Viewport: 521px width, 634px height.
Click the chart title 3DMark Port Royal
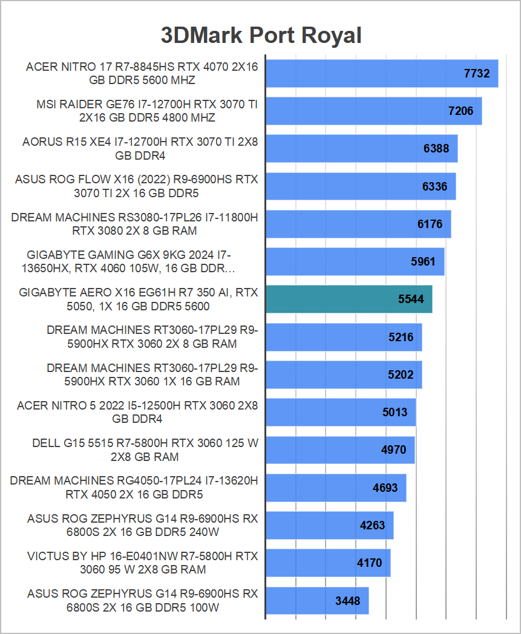261,35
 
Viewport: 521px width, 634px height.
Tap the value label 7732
476,74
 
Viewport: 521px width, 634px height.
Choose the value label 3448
347,601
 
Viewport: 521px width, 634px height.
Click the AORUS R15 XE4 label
140,149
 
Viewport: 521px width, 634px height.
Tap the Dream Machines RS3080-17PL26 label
134,224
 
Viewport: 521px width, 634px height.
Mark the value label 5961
423,262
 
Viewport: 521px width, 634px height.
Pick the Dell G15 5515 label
145,450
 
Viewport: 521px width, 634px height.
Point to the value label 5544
411,299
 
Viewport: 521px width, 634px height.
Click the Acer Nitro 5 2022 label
137,412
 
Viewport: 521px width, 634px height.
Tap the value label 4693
385,488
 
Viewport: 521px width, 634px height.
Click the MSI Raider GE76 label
147,111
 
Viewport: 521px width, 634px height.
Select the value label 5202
401,375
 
